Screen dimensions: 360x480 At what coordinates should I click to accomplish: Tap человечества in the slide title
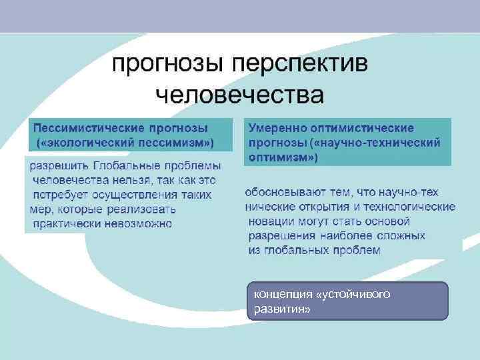(x=239, y=95)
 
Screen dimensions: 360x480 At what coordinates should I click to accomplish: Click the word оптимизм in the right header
(x=281, y=158)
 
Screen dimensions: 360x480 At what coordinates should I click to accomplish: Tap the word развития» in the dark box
(x=278, y=310)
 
